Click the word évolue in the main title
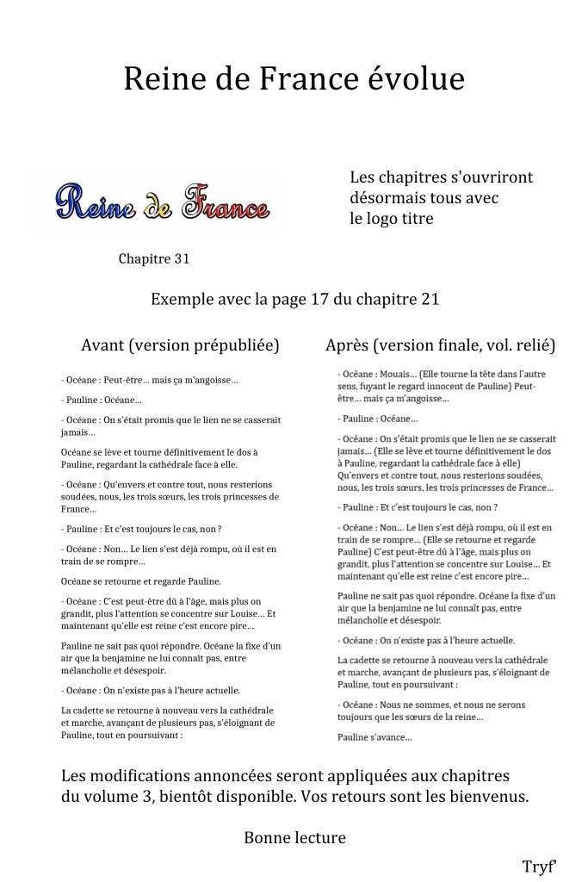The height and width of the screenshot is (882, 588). tap(416, 78)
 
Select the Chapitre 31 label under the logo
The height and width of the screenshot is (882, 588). tap(154, 258)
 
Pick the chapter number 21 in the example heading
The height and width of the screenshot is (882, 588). tap(429, 300)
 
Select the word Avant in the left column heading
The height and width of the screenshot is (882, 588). tap(103, 345)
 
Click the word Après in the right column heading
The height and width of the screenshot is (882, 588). tap(348, 345)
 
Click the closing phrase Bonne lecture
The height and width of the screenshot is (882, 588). tap(294, 837)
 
